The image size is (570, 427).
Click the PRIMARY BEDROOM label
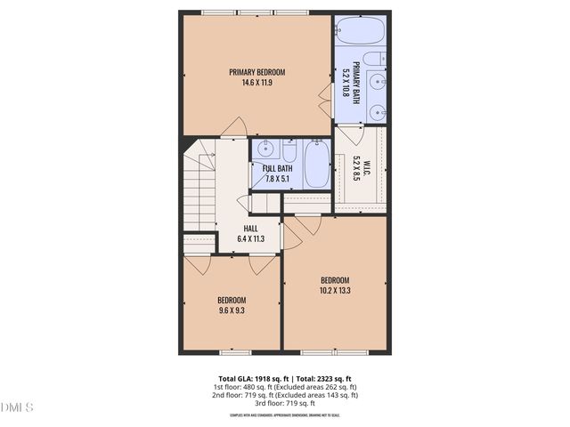(256, 72)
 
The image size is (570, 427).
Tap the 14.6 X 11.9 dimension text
(256, 83)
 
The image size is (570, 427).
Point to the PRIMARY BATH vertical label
(355, 82)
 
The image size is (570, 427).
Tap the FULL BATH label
(277, 168)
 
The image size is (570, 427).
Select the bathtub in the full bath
(315, 164)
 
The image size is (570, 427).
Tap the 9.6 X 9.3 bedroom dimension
(231, 311)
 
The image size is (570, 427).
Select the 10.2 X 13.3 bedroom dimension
(335, 290)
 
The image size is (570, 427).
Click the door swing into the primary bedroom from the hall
(233, 126)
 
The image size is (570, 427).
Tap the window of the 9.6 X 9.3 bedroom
(232, 351)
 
